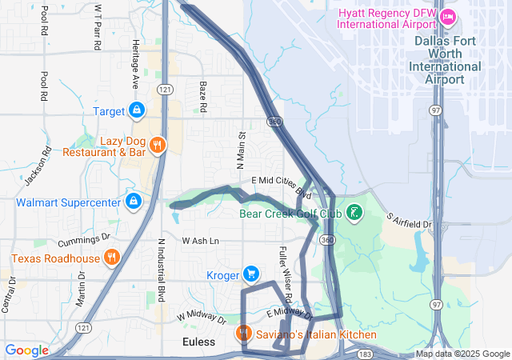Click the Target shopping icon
(x=137, y=110)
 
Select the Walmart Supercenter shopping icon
(x=133, y=202)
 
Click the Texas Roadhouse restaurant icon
(x=111, y=258)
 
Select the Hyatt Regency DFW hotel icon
(x=448, y=16)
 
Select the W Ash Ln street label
(x=200, y=241)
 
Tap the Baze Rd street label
(x=203, y=95)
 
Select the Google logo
(x=27, y=350)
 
